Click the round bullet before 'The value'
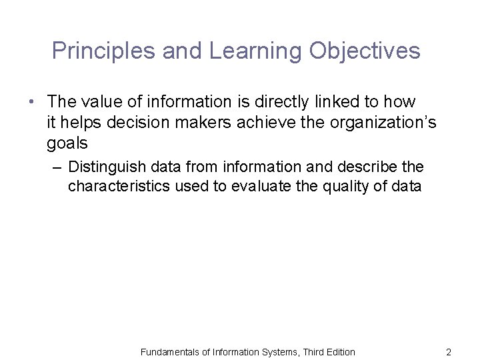(x=31, y=102)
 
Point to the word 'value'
(x=101, y=102)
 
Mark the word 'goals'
(x=67, y=143)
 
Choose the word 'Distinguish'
(x=107, y=166)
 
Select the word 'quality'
(x=345, y=186)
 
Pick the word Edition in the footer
(x=339, y=352)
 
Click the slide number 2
(x=449, y=352)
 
